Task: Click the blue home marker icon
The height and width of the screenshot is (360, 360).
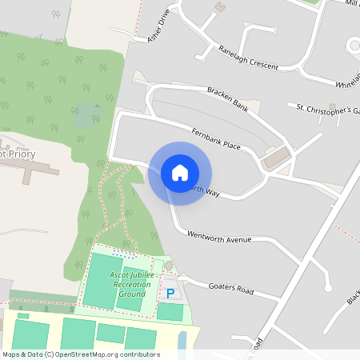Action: click(x=180, y=173)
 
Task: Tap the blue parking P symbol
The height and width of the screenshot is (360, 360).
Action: click(x=170, y=294)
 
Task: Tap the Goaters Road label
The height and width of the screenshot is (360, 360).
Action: click(x=230, y=289)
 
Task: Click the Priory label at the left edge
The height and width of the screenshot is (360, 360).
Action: click(x=18, y=154)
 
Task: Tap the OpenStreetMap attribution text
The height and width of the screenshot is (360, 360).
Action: click(x=80, y=354)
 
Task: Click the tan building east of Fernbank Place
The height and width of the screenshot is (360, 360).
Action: click(x=277, y=158)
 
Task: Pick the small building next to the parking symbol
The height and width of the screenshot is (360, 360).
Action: click(x=168, y=266)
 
